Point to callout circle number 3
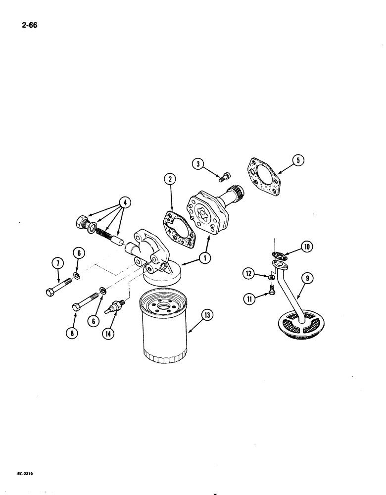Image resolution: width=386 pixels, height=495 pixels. (x=198, y=164)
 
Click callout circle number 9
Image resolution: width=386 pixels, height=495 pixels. (x=307, y=279)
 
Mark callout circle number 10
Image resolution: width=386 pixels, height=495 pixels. (x=306, y=246)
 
